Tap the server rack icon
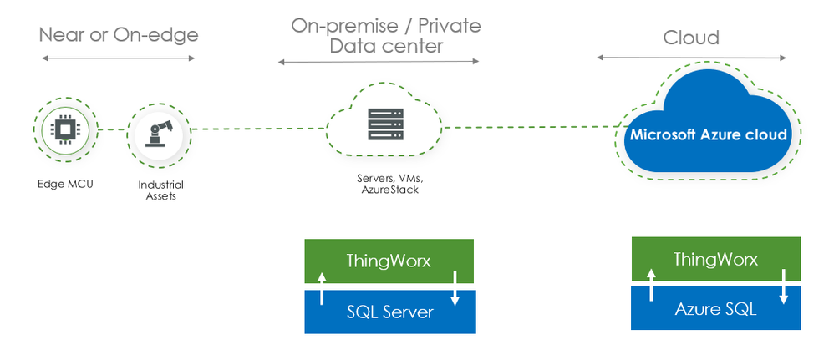384,124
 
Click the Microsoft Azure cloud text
709,134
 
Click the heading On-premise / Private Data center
386,36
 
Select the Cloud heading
691,38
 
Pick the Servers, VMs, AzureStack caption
384,184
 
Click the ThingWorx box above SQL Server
389,261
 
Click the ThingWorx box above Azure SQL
715,260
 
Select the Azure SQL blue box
715,309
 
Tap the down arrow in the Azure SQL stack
783,283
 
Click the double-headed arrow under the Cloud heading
691,58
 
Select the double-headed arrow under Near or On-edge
118,58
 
